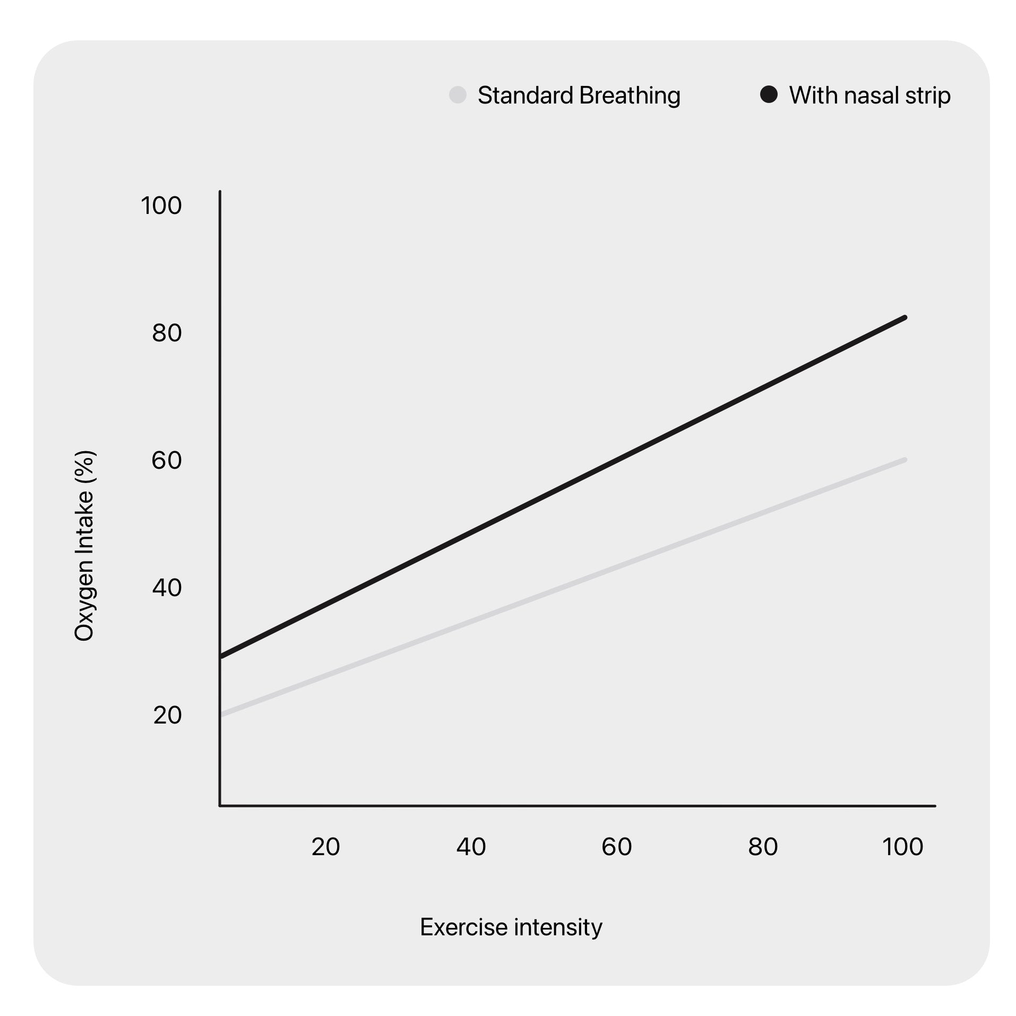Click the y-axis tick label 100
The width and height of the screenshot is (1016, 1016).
(161, 205)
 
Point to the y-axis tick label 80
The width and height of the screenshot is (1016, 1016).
(167, 333)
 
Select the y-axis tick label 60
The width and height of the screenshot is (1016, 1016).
(167, 460)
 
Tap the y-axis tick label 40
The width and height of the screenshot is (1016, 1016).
(167, 588)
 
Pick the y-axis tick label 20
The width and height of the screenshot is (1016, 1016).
(167, 715)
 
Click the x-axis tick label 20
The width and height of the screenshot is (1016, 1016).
(325, 847)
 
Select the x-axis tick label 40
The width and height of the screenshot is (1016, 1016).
(471, 847)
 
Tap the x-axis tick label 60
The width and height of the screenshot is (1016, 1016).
(616, 847)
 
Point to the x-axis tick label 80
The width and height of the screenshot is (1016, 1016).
(763, 847)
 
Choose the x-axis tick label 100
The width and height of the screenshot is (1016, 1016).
(902, 847)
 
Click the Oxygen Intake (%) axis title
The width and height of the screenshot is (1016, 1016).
(84, 546)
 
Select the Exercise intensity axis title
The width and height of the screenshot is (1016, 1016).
(511, 927)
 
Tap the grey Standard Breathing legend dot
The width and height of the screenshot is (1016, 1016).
(458, 95)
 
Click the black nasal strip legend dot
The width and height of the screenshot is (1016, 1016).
(769, 95)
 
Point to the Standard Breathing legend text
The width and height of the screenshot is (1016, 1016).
(579, 96)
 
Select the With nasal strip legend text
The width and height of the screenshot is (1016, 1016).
(869, 96)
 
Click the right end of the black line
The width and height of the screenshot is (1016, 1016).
(905, 317)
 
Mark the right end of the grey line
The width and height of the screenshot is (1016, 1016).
(905, 460)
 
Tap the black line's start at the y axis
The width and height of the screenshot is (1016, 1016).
(222, 657)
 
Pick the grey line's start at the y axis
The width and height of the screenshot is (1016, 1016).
(222, 714)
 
